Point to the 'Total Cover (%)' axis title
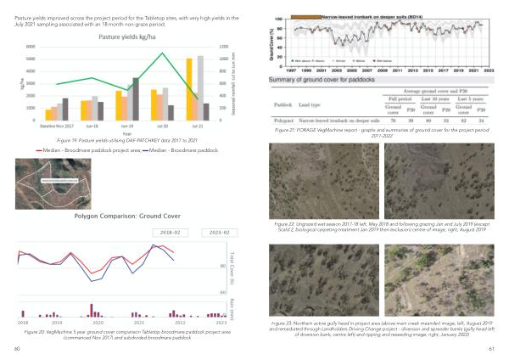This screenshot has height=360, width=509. point(232,262)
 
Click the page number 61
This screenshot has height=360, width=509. point(491,349)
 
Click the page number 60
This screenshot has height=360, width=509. point(18,349)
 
